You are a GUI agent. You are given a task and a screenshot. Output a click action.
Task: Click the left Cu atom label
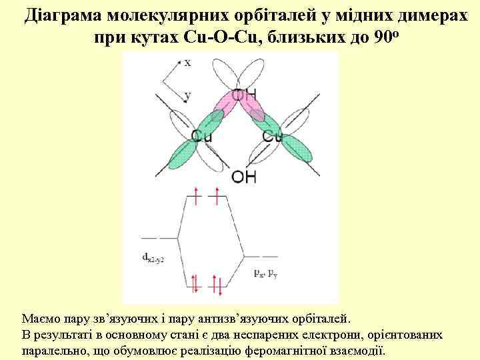coord(201,136)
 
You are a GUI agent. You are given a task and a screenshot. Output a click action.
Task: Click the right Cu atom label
coord(273,136)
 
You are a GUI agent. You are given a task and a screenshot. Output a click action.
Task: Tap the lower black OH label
coord(243,177)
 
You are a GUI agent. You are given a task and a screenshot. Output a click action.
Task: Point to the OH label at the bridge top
coord(245,95)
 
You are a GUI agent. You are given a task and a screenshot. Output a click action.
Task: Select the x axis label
coord(188,62)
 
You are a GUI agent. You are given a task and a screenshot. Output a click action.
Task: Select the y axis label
coord(187,95)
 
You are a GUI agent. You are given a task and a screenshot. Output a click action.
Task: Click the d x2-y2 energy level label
coord(153,257)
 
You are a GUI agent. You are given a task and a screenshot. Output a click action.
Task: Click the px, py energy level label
coord(265,272)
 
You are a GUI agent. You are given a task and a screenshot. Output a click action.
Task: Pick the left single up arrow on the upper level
coord(196,196)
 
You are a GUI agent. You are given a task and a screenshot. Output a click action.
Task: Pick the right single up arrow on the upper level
coord(217,196)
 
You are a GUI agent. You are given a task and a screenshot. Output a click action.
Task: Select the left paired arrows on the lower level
coord(195,283)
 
